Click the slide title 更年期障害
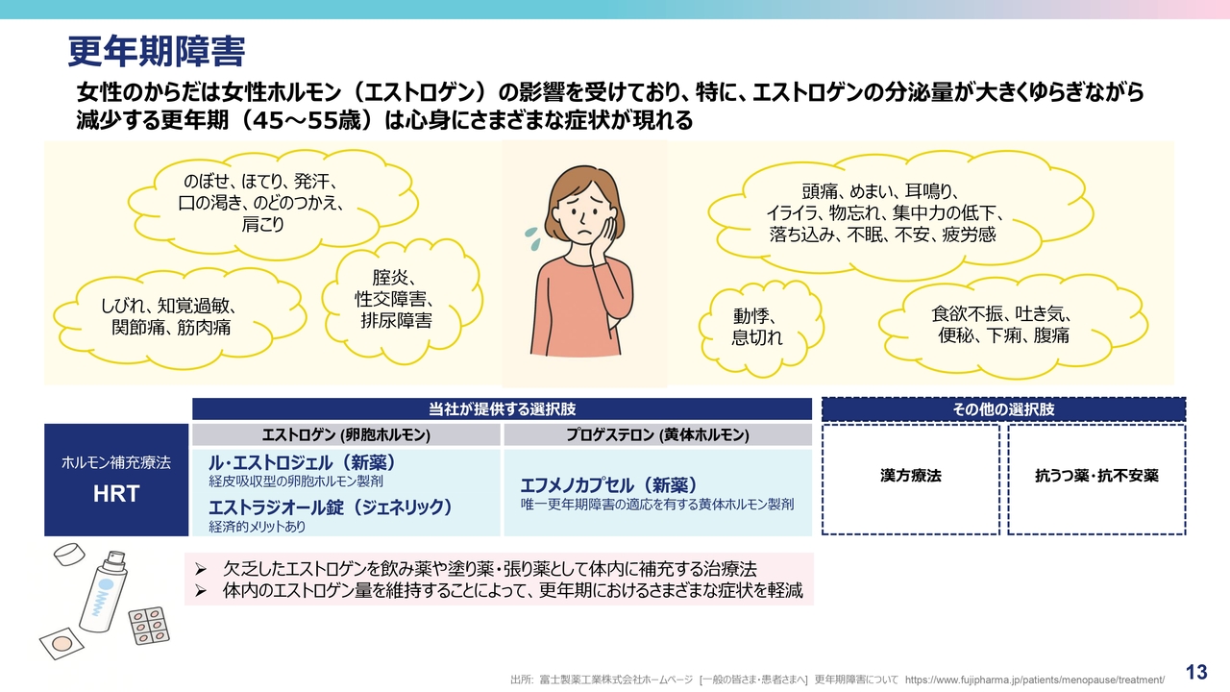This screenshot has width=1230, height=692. click(x=156, y=52)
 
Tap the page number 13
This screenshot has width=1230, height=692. click(x=1196, y=672)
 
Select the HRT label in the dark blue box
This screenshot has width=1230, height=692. click(x=116, y=493)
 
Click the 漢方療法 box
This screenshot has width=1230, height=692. click(x=910, y=479)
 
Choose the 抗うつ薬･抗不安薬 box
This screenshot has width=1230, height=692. click(x=1096, y=479)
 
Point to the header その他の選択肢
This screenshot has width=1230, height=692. click(x=1004, y=409)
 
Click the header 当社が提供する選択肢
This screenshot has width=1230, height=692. click(x=502, y=409)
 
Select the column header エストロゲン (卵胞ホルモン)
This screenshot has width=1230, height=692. click(x=346, y=435)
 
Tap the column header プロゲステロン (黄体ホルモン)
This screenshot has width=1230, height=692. click(x=658, y=435)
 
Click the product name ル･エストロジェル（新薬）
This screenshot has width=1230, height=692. click(x=303, y=462)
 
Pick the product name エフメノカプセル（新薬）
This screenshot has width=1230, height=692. click(x=609, y=485)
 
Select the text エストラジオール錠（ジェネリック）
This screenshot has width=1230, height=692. click(x=331, y=507)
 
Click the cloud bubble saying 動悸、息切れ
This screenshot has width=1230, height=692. click(x=760, y=328)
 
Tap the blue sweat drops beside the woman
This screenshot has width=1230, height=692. click(x=532, y=238)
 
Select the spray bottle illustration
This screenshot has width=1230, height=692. click(x=104, y=591)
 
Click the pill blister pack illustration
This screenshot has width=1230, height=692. click(x=149, y=626)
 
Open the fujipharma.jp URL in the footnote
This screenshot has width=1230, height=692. click(x=1035, y=680)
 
